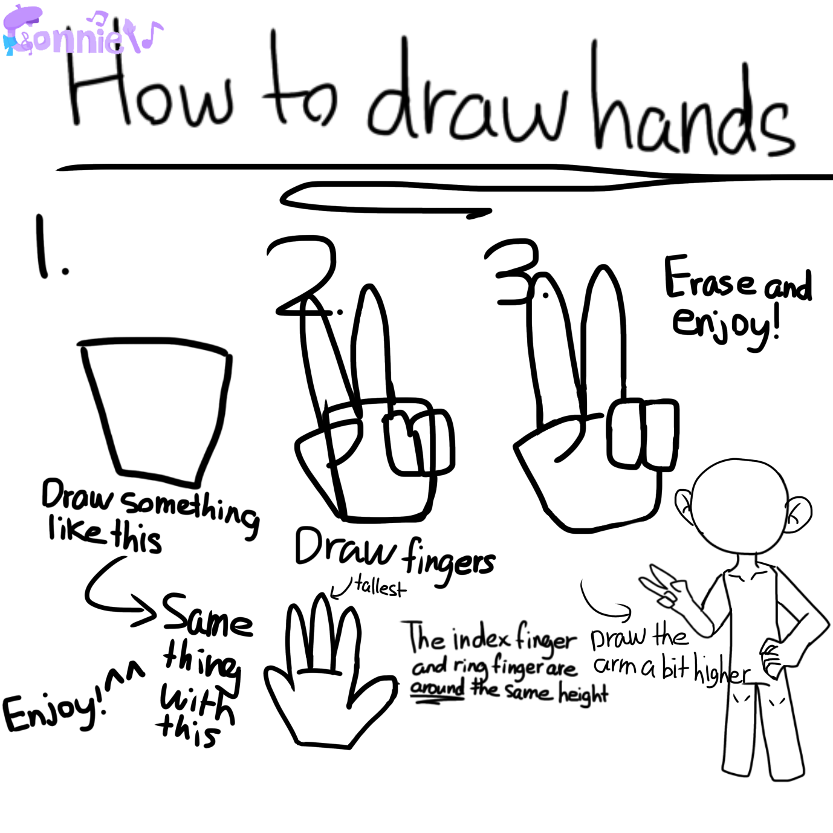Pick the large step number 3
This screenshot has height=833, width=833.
pos(513,273)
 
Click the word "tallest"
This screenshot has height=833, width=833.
pos(380,587)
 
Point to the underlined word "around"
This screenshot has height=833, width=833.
pos(437,687)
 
